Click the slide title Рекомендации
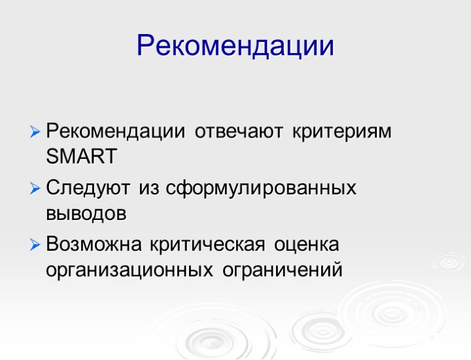tap(235, 46)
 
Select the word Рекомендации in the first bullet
tap(116, 131)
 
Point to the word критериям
tap(341, 131)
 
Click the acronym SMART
tap(82, 157)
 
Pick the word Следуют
tap(89, 189)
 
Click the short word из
tap(148, 189)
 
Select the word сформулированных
tap(260, 189)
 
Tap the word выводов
tap(86, 214)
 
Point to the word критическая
tap(207, 245)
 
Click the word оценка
tap(307, 245)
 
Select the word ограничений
tap(282, 269)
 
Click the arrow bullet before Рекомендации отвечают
tap(35, 132)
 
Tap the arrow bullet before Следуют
tap(35, 189)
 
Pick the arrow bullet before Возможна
tap(35, 246)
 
